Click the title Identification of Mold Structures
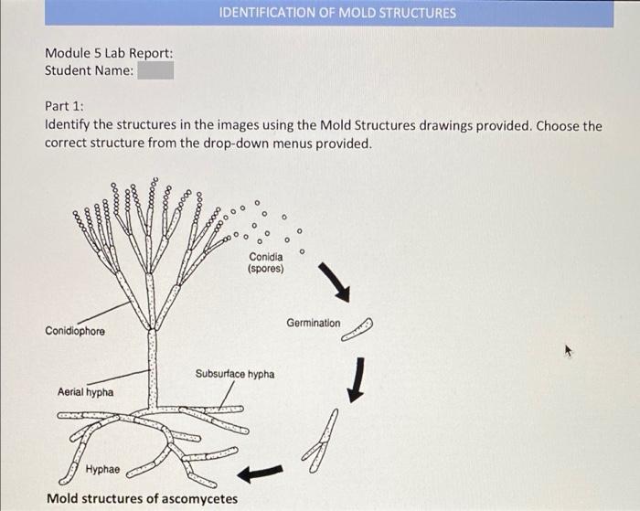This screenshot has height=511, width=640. (x=337, y=13)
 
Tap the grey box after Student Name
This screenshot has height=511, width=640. (x=155, y=70)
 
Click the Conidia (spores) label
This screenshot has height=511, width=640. (x=266, y=263)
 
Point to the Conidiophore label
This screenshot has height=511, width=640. (x=75, y=331)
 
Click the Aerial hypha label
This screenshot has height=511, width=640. (x=85, y=392)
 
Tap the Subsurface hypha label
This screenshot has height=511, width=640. (x=235, y=374)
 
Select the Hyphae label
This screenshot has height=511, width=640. (x=101, y=469)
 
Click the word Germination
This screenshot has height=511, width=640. (x=313, y=324)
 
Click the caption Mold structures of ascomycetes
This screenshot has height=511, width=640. (x=142, y=498)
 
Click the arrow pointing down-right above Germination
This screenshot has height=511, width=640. (x=335, y=282)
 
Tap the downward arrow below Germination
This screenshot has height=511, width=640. (x=358, y=377)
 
